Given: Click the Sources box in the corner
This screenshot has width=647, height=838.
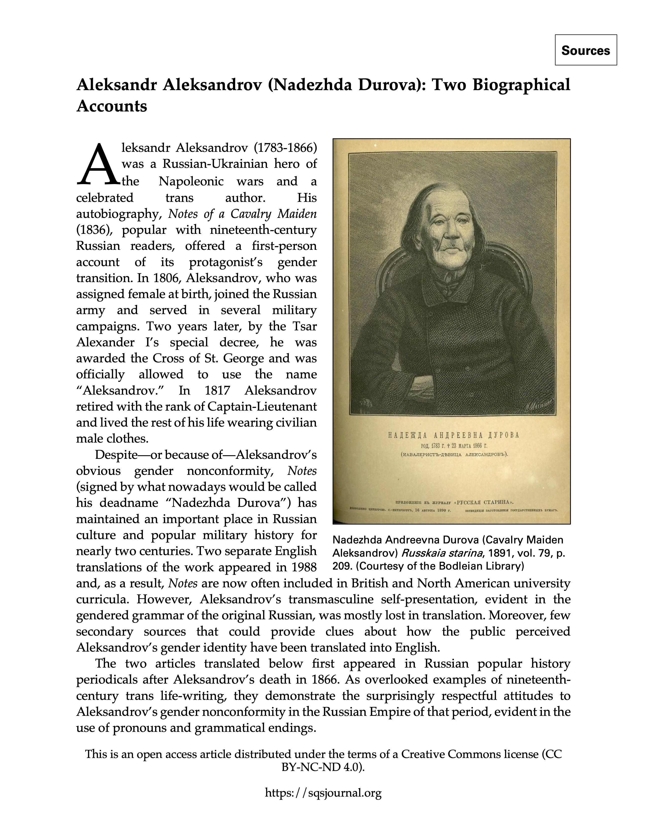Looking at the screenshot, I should point(585,50).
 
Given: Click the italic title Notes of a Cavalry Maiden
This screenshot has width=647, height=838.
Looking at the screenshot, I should point(242,214).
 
